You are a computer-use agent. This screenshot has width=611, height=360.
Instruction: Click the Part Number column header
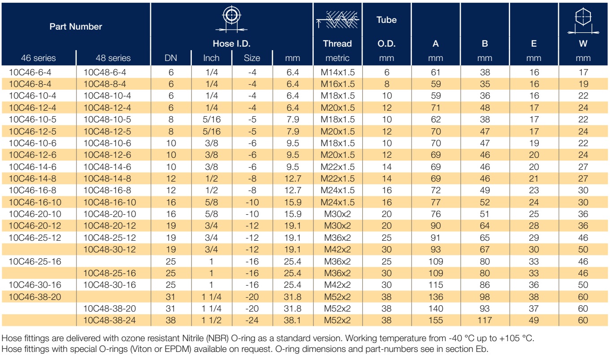click(76, 26)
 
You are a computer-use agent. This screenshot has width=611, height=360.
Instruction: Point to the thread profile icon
click(338, 20)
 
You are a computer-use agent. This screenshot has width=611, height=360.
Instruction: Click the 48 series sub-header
click(113, 58)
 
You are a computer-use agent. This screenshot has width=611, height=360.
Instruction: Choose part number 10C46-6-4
click(30, 72)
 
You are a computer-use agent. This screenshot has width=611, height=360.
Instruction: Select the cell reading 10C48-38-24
click(109, 320)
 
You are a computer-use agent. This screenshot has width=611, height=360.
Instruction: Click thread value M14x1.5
click(338, 72)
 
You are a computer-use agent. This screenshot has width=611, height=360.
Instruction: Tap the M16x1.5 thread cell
click(338, 84)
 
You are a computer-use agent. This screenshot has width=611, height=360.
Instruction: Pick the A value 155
click(436, 320)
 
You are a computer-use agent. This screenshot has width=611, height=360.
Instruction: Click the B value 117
click(485, 320)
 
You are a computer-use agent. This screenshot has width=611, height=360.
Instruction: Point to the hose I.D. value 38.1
click(292, 320)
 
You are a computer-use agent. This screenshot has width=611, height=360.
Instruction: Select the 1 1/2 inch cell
click(212, 320)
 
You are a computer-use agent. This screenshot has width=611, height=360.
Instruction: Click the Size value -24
click(252, 320)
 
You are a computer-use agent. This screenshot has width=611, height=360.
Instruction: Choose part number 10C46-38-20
click(35, 297)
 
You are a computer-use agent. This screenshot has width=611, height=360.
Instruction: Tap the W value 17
click(583, 72)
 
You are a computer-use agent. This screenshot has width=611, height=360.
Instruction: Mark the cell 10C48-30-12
click(109, 249)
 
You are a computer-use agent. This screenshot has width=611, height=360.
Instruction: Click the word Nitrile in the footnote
click(193, 338)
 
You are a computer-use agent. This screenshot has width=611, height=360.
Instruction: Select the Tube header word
click(386, 20)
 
